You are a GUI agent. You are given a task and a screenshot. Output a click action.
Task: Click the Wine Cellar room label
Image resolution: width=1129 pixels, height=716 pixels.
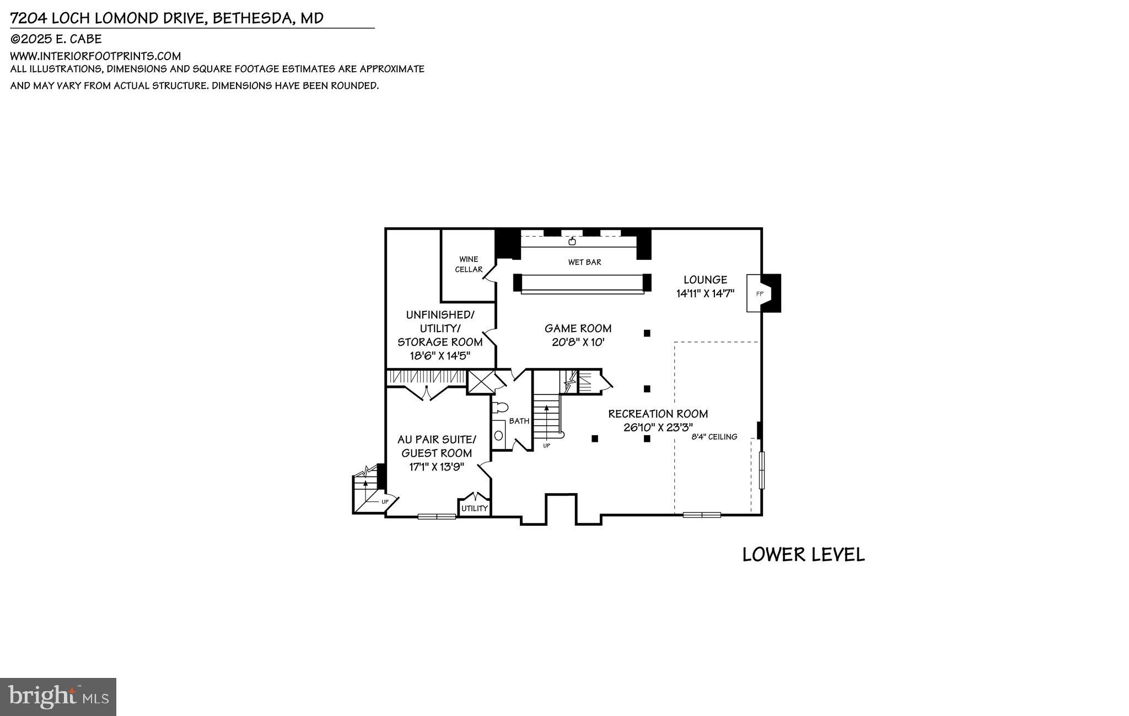pyautogui.click(x=468, y=264)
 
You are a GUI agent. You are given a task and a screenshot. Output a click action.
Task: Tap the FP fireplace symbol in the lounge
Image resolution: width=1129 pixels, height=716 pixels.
pyautogui.click(x=759, y=293)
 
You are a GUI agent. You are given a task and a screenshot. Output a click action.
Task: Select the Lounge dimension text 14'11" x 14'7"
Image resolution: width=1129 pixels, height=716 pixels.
pyautogui.click(x=705, y=293)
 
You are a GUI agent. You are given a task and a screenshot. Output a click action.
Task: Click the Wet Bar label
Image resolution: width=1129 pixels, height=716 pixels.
pyautogui.click(x=584, y=262)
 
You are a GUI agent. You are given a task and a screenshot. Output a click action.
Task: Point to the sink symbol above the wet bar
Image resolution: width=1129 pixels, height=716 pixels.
pyautogui.click(x=572, y=241)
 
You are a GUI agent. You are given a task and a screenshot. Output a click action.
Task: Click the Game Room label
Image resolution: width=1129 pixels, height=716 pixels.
pyautogui.click(x=578, y=328)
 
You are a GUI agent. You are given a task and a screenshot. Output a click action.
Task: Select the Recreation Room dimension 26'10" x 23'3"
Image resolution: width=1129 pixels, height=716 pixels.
pyautogui.click(x=658, y=427)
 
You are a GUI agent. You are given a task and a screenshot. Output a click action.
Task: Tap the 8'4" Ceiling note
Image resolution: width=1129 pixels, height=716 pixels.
pyautogui.click(x=714, y=437)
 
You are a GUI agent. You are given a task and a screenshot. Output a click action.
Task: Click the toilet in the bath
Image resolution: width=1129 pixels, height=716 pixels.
pyautogui.click(x=500, y=408)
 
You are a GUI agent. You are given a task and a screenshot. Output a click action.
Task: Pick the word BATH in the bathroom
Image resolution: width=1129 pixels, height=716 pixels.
pyautogui.click(x=519, y=421)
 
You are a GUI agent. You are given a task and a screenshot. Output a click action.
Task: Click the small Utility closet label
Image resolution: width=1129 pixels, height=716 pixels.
pyautogui.click(x=474, y=508)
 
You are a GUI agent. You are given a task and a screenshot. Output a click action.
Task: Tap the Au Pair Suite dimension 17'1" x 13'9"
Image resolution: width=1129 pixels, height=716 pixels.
pyautogui.click(x=437, y=467)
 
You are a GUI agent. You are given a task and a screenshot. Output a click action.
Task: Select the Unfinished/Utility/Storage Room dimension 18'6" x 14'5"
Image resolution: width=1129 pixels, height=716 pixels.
pyautogui.click(x=439, y=356)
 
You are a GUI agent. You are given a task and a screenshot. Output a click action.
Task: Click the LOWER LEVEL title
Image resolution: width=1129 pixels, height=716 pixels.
pyautogui.click(x=803, y=554)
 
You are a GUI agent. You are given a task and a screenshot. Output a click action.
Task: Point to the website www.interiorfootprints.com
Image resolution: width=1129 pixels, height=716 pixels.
pyautogui.click(x=95, y=56)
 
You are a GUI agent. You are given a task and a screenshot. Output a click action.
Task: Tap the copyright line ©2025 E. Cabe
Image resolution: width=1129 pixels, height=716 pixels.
pyautogui.click(x=56, y=39)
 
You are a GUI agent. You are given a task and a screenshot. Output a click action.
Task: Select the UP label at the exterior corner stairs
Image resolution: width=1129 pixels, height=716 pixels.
pyautogui.click(x=385, y=501)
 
